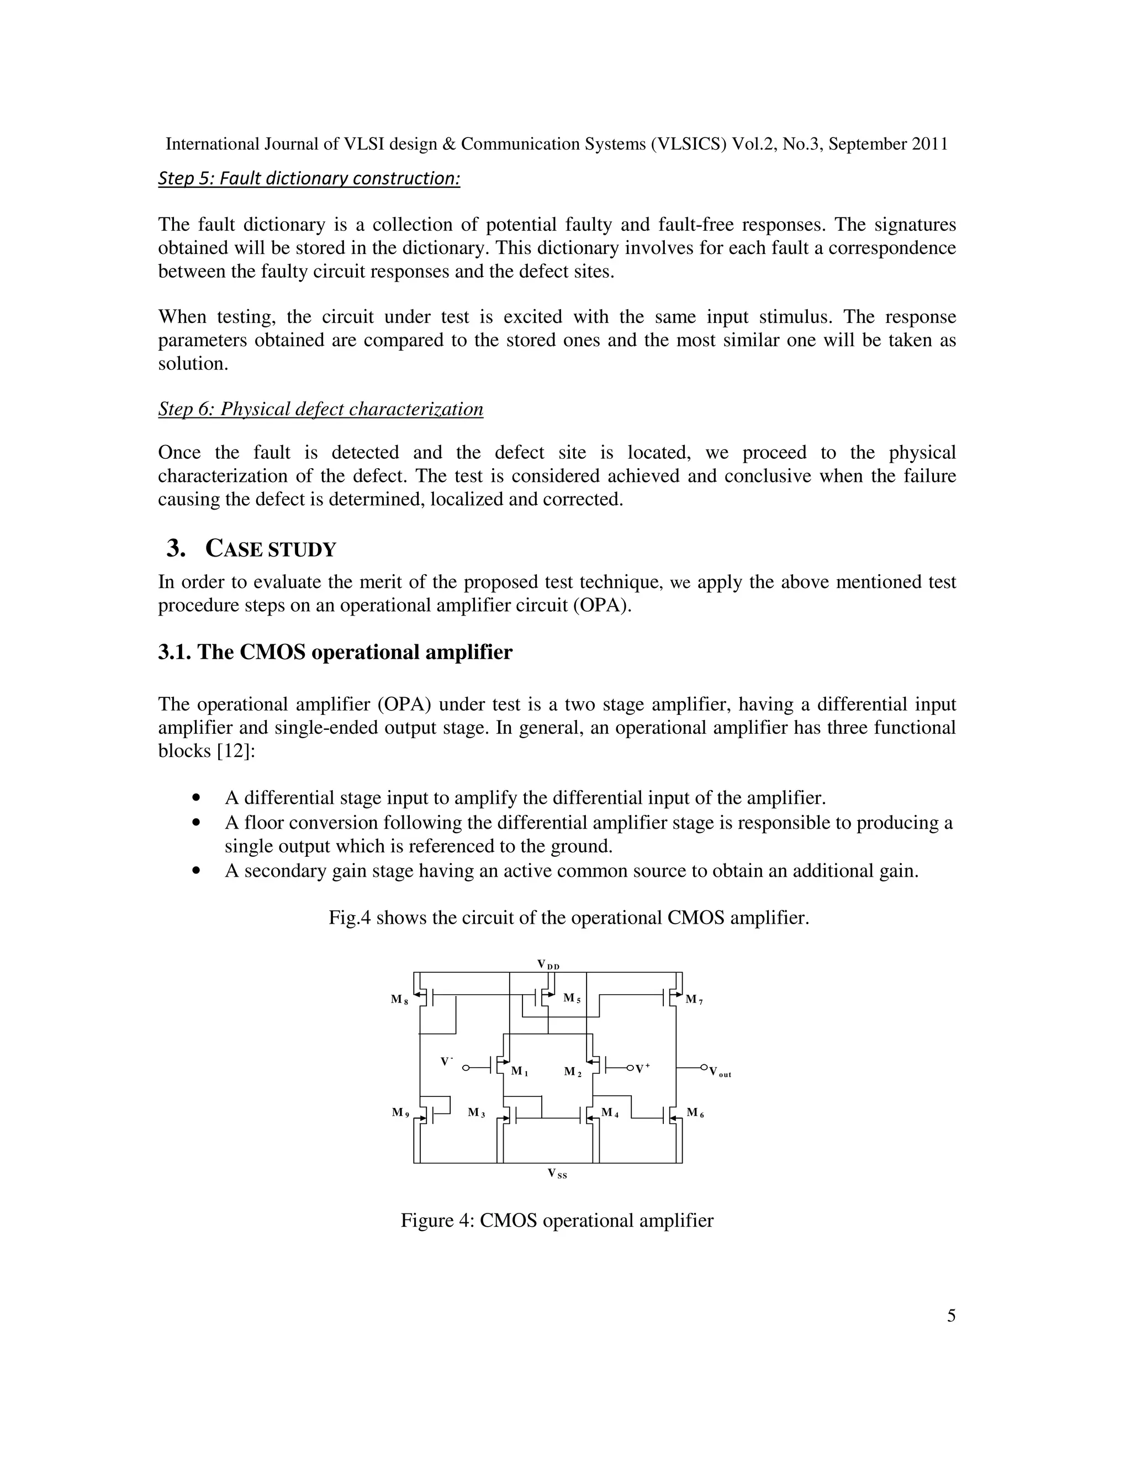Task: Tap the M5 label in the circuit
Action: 572,998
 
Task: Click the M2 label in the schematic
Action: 573,1072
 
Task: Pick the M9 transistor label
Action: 400,1112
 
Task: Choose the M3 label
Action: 477,1112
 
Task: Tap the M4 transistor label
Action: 610,1112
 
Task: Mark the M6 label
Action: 695,1112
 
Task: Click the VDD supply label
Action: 548,964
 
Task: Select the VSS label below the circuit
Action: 557,1173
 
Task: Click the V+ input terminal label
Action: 643,1068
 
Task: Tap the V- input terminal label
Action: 447,1062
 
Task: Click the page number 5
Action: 952,1316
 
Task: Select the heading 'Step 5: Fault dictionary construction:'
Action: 309,178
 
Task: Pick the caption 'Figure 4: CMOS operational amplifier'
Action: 557,1221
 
